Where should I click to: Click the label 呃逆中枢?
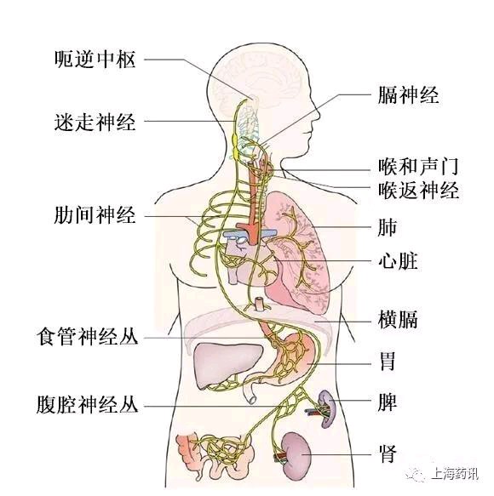95,60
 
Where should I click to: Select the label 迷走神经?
95,122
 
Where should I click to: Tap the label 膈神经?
408,94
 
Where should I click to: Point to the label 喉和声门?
418,166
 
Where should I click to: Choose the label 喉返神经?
418,190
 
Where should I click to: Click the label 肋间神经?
95,215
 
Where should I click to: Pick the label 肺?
388,227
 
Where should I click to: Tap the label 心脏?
398,260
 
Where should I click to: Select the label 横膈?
398,320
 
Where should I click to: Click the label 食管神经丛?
88,336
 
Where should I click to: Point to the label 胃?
388,362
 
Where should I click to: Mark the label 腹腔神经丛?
88,404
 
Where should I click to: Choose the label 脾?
388,402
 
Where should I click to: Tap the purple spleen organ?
327,408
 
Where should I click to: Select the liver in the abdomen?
227,364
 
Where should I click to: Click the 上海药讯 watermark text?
455,474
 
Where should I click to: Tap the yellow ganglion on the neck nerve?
236,146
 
